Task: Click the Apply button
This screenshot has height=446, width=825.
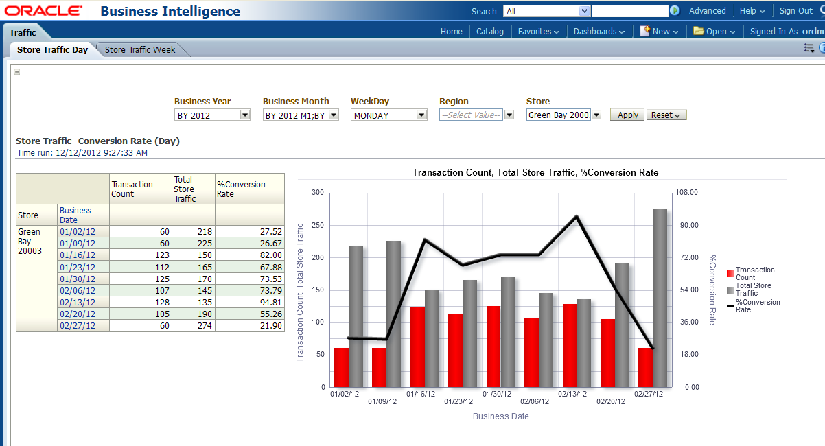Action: coord(627,115)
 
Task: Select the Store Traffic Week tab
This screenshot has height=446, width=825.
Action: coord(140,49)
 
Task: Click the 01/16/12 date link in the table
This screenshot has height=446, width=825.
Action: coord(77,255)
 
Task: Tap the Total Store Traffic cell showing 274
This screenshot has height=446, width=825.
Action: coord(194,325)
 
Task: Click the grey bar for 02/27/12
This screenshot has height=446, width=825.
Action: coord(660,298)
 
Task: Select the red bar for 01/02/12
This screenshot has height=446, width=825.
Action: coord(341,367)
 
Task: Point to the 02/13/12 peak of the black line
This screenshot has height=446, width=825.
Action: coord(576,217)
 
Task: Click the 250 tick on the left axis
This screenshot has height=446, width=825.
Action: coord(318,225)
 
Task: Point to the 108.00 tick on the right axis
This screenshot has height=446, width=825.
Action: coord(687,193)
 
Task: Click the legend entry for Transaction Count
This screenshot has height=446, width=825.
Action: coord(754,273)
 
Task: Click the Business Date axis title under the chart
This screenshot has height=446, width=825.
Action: coord(500,416)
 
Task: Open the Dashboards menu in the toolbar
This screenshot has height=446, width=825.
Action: coord(599,31)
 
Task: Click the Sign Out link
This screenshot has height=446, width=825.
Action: coord(795,11)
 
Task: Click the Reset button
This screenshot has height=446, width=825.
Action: coord(666,115)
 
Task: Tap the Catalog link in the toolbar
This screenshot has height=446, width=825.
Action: coord(489,31)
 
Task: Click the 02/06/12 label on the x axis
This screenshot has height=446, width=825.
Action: coord(534,402)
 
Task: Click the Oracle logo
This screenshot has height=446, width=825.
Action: coord(43,11)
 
